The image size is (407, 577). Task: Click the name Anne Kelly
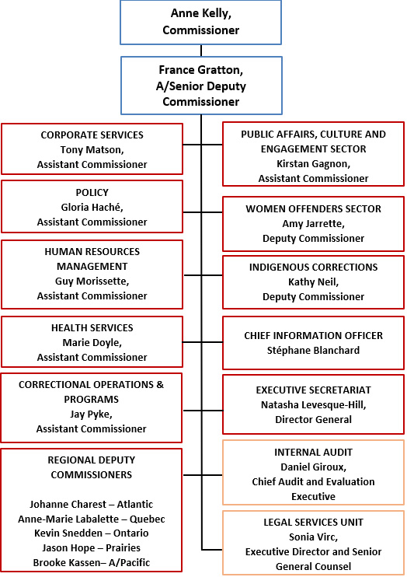coord(200,15)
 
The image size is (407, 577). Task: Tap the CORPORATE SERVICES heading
coord(92,135)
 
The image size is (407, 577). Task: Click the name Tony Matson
coord(92,149)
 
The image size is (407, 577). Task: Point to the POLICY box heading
coord(92,193)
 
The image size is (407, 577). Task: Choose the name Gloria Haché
coord(92,208)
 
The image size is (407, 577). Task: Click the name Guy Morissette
coord(92,281)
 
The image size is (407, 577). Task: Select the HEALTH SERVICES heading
coord(92,328)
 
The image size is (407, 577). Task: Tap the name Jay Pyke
coord(92,414)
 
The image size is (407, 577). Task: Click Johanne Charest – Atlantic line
coord(92,504)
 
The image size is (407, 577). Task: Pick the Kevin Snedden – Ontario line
coord(92,533)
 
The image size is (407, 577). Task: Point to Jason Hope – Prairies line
coord(92,547)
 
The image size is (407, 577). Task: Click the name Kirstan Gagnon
coord(313,164)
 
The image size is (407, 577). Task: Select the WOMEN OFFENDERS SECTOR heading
coord(313,208)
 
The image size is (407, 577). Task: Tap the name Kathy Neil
coord(313,282)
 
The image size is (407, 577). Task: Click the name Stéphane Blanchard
coord(313,350)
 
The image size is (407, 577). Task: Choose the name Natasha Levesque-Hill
coord(313,405)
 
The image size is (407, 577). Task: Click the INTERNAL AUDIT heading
coord(313,452)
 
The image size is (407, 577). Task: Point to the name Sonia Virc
coord(313,537)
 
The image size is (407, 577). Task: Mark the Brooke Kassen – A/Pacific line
coord(92,562)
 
